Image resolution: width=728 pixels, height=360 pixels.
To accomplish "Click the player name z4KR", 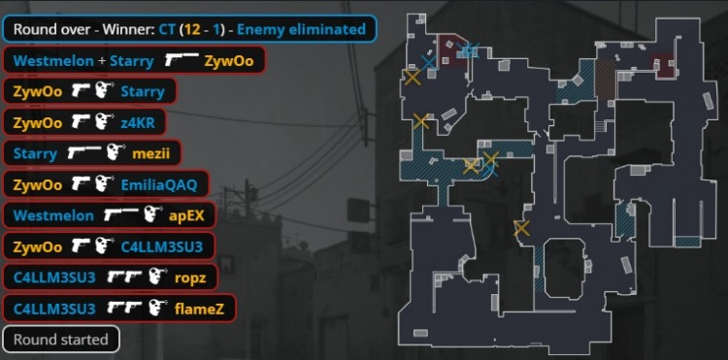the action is [x=138, y=123].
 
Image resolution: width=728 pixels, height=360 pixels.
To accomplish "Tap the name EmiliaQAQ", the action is [x=159, y=184].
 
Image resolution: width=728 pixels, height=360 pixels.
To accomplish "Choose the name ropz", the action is [x=190, y=278].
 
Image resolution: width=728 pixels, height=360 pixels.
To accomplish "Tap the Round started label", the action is [x=61, y=339].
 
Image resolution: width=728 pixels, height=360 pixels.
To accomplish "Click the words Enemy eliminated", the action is [x=301, y=30].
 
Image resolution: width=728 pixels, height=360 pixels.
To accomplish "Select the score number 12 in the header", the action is [x=192, y=30].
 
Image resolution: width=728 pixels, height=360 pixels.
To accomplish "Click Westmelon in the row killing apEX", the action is [x=53, y=215].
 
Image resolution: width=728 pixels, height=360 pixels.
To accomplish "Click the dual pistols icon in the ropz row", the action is [x=124, y=277].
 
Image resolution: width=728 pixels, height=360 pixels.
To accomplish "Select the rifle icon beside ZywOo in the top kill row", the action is [x=182, y=60].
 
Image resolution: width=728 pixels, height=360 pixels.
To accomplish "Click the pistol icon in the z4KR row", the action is [x=80, y=122].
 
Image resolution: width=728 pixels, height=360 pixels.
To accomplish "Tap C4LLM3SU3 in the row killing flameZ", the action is [x=54, y=308].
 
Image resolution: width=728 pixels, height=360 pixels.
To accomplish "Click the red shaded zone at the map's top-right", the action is [x=663, y=63].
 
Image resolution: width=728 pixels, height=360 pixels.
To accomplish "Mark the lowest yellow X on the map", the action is [x=521, y=228].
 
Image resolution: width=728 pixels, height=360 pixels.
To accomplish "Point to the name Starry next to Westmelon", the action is [x=132, y=61].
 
